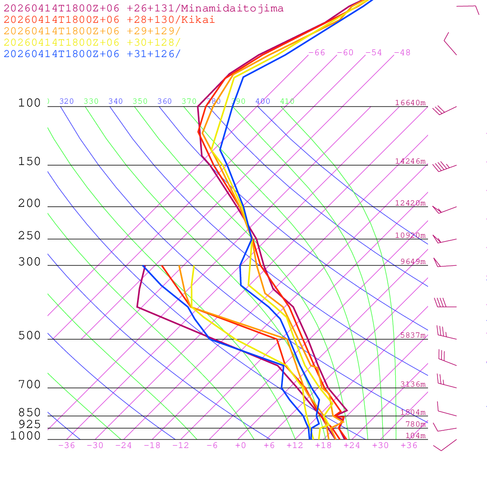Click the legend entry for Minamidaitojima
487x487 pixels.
(x=144, y=9)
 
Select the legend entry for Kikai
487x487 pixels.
(x=109, y=20)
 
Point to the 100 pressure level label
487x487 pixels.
(x=29, y=103)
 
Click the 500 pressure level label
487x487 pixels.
(x=29, y=336)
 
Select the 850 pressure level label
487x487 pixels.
(x=29, y=413)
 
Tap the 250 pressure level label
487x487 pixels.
(x=29, y=236)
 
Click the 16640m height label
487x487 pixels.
(x=410, y=103)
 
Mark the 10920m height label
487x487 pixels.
(x=410, y=235)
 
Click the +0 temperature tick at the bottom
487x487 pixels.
(x=241, y=446)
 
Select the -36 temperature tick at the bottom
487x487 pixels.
(x=66, y=446)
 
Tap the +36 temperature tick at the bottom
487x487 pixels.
(x=409, y=446)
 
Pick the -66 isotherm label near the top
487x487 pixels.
(x=317, y=53)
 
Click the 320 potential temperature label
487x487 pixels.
(x=67, y=101)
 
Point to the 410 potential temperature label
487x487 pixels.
(x=287, y=101)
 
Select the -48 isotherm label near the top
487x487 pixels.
(x=402, y=53)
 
